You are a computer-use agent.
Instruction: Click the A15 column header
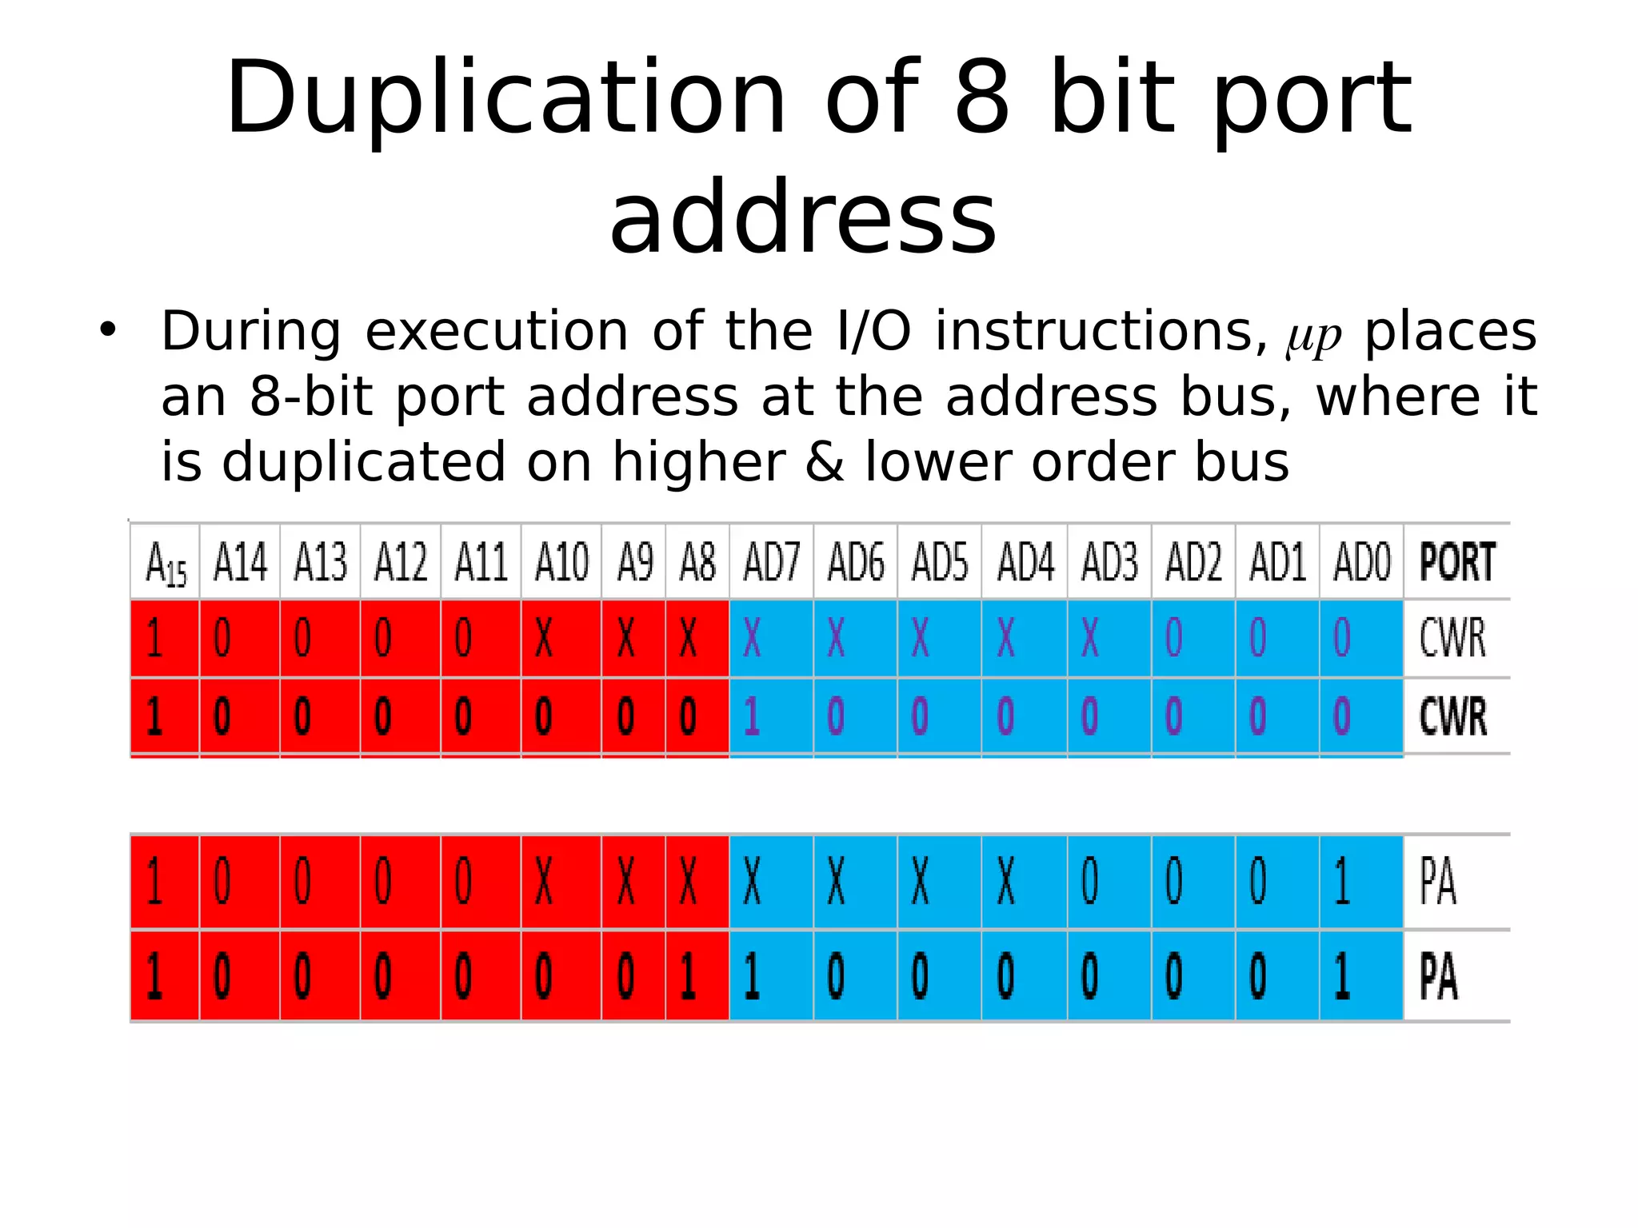click(x=166, y=563)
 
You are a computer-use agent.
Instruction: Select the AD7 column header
click(x=771, y=562)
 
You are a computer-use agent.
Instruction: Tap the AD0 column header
click(x=1361, y=562)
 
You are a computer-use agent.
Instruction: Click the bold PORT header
click(x=1457, y=562)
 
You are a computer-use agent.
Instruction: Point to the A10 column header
click(x=561, y=562)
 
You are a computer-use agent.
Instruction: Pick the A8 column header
click(x=697, y=562)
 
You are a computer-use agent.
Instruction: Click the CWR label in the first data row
click(x=1452, y=638)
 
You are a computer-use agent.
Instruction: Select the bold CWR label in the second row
click(x=1453, y=716)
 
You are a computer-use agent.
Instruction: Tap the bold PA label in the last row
click(x=1438, y=976)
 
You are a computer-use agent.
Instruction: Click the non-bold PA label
click(x=1438, y=882)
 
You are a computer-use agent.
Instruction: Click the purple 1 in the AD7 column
click(x=752, y=716)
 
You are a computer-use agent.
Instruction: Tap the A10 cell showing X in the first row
click(x=544, y=639)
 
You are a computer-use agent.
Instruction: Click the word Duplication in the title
click(x=505, y=100)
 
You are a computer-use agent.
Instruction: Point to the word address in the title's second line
click(x=803, y=217)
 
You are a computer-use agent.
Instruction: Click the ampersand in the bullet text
click(x=825, y=462)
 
